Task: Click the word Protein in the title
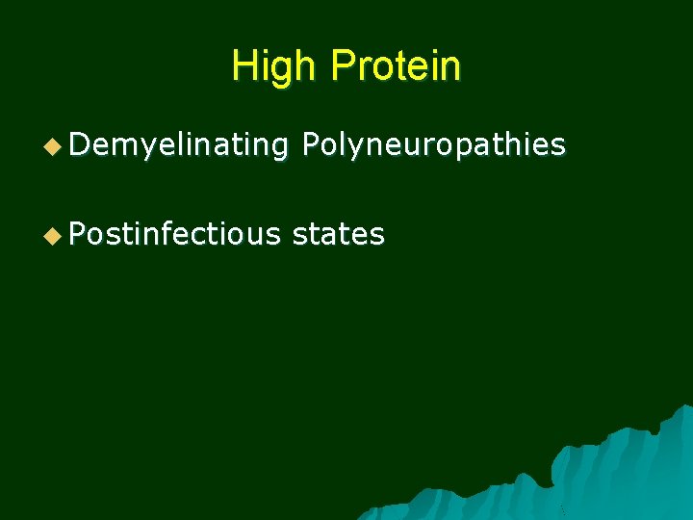pyautogui.click(x=395, y=65)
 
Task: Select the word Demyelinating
pyautogui.click(x=178, y=145)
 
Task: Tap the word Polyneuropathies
pyautogui.click(x=433, y=145)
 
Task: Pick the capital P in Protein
pyautogui.click(x=342, y=65)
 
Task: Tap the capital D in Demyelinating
pyautogui.click(x=79, y=145)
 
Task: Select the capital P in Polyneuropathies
pyautogui.click(x=311, y=145)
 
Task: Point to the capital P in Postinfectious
pyautogui.click(x=79, y=234)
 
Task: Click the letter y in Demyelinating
pyautogui.click(x=139, y=148)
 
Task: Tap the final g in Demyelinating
pyautogui.click(x=279, y=148)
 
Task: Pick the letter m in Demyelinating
pyautogui.click(x=118, y=146)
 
